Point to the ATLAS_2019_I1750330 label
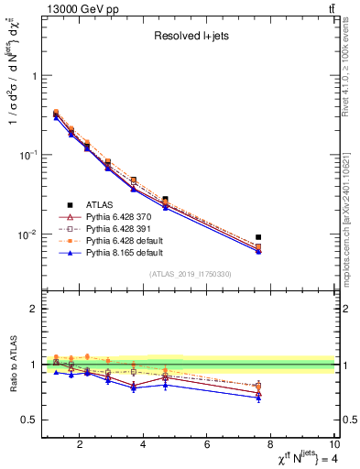pos(190,274)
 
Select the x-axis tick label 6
pos(208,445)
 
